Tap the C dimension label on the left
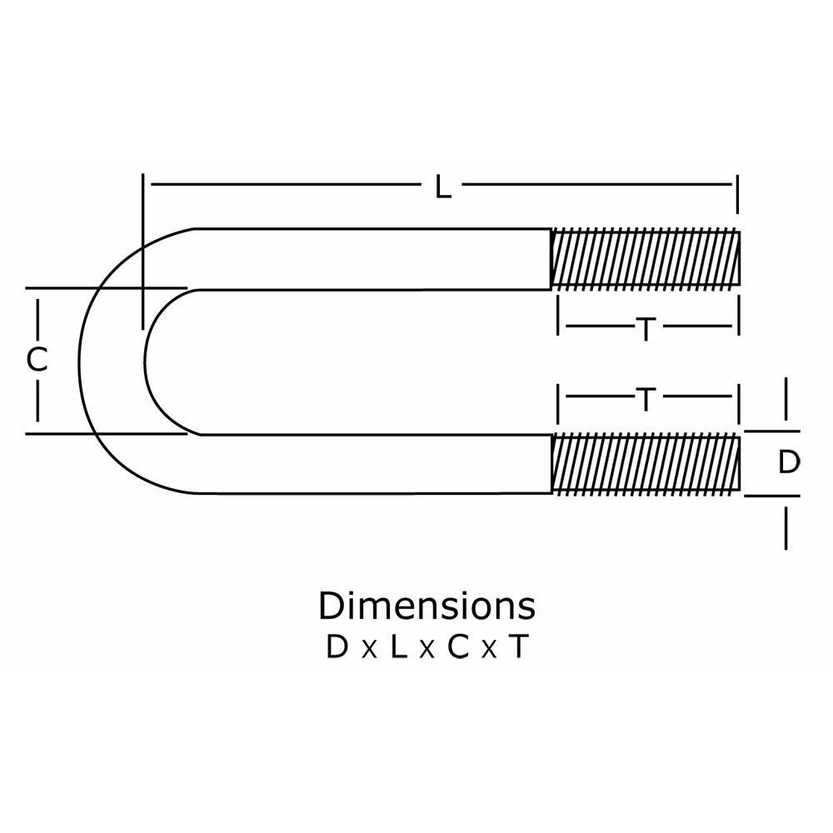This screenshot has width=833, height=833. (x=37, y=360)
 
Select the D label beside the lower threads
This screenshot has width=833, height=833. (x=788, y=462)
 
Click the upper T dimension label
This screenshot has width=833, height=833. (x=646, y=330)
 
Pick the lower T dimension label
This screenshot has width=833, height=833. (x=646, y=401)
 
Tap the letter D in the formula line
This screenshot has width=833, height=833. (x=337, y=647)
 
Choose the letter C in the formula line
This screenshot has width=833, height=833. (x=458, y=647)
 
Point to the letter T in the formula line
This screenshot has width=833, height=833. (x=518, y=647)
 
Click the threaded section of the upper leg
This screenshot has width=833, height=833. (x=646, y=259)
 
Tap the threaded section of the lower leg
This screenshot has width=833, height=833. (x=646, y=463)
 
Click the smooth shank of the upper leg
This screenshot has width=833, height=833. (x=375, y=259)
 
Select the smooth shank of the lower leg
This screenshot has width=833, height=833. (x=375, y=463)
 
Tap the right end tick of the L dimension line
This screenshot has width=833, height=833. (x=737, y=193)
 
